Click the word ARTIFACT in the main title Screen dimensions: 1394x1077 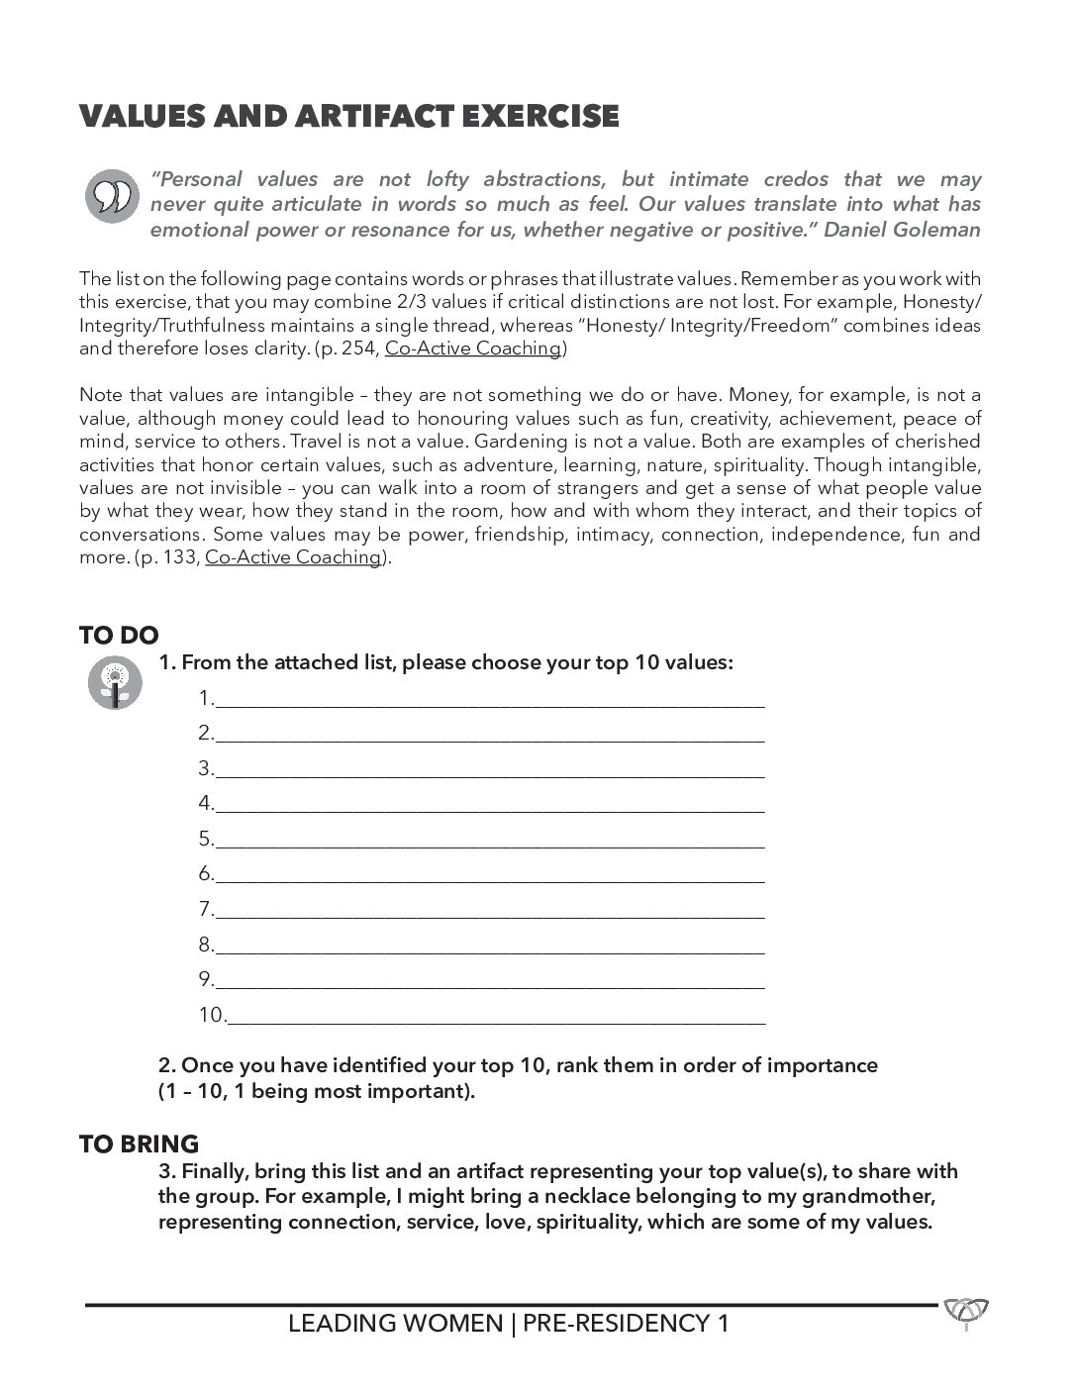pyautogui.click(x=365, y=117)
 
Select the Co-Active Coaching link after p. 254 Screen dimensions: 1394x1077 pyautogui.click(x=473, y=348)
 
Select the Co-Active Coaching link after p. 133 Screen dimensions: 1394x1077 pyautogui.click(x=293, y=557)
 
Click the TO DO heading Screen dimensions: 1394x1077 pyautogui.click(x=119, y=636)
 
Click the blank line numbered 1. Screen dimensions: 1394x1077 pyautogui.click(x=489, y=699)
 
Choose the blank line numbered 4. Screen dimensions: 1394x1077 pyautogui.click(x=489, y=804)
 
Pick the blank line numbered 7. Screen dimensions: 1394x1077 pyautogui.click(x=489, y=910)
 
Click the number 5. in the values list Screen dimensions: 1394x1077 pyautogui.click(x=205, y=840)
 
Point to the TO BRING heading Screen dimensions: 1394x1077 pyautogui.click(x=139, y=1145)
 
